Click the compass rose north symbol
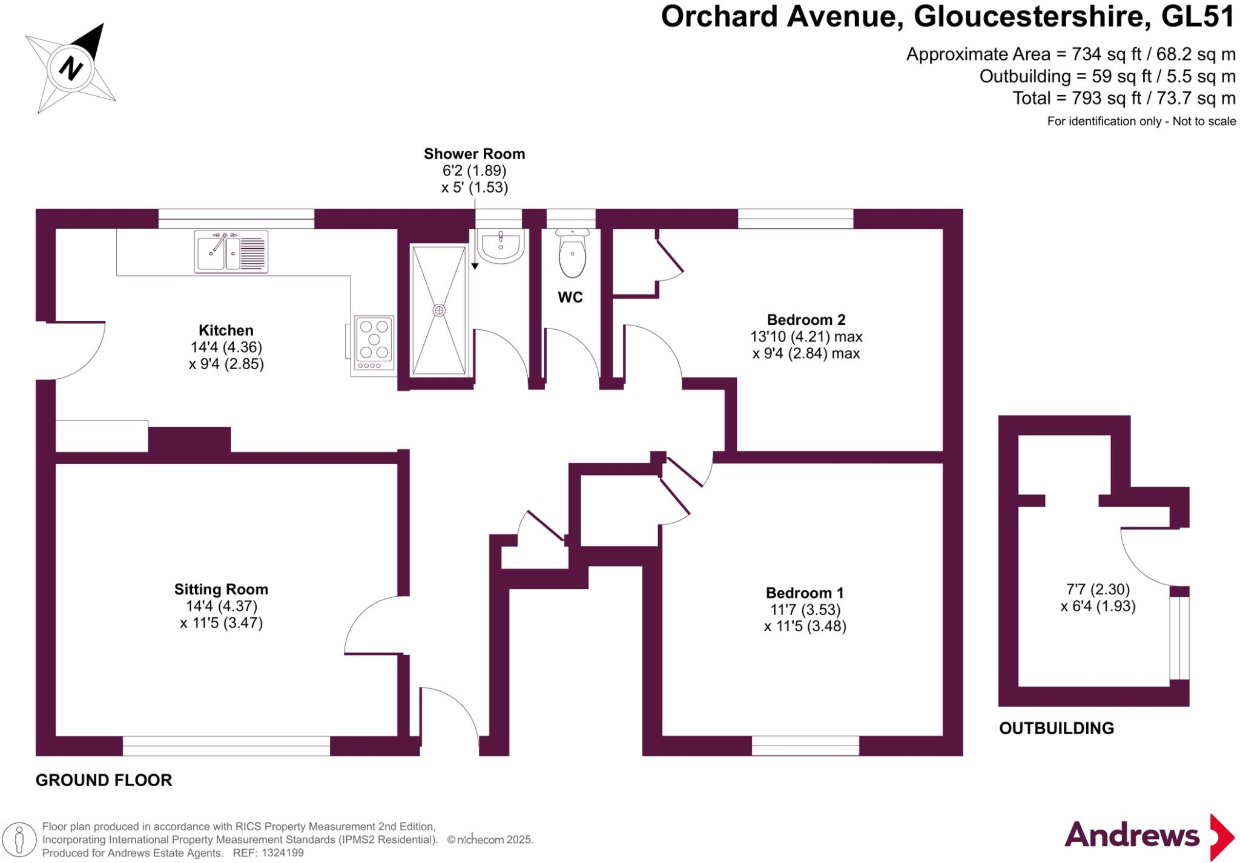tap(71, 67)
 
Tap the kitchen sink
tap(231, 251)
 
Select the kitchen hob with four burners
tap(374, 343)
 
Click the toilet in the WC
tap(572, 254)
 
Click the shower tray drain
tap(439, 310)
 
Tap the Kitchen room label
tap(226, 330)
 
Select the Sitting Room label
tap(221, 589)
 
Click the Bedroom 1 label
tap(805, 593)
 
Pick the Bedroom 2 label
tap(806, 320)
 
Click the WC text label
tap(570, 297)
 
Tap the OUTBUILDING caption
tap(1057, 728)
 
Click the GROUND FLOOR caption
tap(104, 780)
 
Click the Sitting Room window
tap(226, 746)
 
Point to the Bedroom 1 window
tap(805, 746)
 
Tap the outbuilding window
tap(1179, 638)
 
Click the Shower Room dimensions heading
tap(474, 154)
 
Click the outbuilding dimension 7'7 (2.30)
tap(1098, 589)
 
